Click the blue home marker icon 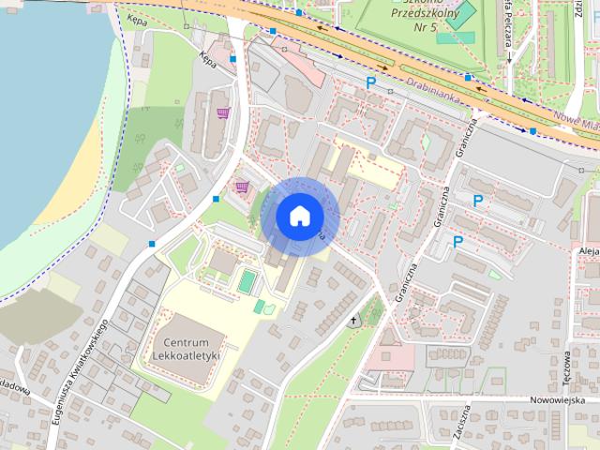[298, 216]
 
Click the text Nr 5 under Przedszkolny [424, 28]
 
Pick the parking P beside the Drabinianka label [371, 83]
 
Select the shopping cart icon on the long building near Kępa [223, 113]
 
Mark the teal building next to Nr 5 [455, 20]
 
